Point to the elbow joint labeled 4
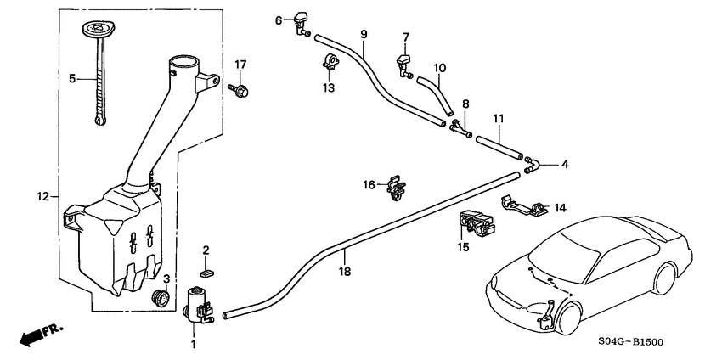tap(532, 165)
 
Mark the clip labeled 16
tap(393, 188)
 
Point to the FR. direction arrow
tap(34, 335)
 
